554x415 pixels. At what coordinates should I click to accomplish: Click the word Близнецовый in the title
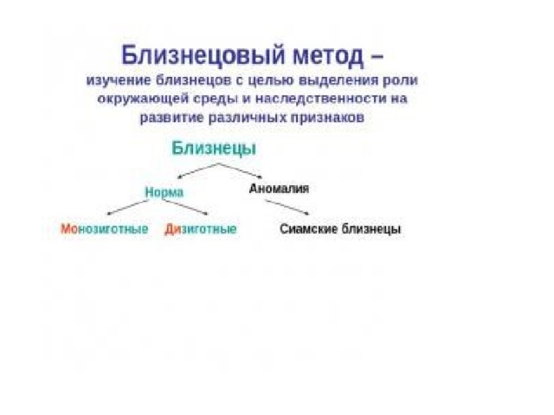pyautogui.click(x=203, y=55)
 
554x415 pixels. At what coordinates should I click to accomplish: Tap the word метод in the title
pyautogui.click(x=328, y=56)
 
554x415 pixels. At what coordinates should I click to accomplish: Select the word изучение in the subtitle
pyautogui.click(x=119, y=80)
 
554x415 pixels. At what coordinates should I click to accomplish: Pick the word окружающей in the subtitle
pyautogui.click(x=142, y=99)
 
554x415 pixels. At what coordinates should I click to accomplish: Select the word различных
pyautogui.click(x=248, y=118)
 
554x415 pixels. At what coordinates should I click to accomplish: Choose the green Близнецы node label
pyautogui.click(x=214, y=148)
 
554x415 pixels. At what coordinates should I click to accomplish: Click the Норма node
pyautogui.click(x=164, y=193)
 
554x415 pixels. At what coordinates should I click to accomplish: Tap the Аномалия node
pyautogui.click(x=279, y=188)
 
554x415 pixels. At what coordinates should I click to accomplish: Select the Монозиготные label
pyautogui.click(x=104, y=229)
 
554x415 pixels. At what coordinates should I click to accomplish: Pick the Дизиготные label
pyautogui.click(x=200, y=229)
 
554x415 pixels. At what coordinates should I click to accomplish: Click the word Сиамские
pyautogui.click(x=309, y=229)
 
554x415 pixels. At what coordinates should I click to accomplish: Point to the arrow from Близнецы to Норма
pyautogui.click(x=198, y=171)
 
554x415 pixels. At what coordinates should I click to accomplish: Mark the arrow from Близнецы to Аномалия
pyautogui.click(x=241, y=170)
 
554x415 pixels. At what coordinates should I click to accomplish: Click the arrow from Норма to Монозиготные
pyautogui.click(x=127, y=207)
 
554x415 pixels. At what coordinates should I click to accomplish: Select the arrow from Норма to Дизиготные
pyautogui.click(x=186, y=207)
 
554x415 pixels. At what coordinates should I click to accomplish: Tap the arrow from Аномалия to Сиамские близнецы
pyautogui.click(x=287, y=207)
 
